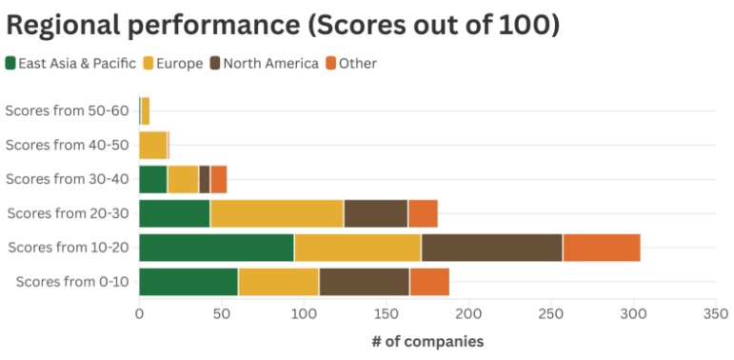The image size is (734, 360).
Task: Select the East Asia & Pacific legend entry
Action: tap(71, 64)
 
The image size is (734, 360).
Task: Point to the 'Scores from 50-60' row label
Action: tap(67, 110)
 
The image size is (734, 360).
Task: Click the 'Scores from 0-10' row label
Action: tap(72, 282)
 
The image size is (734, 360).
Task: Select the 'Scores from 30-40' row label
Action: tap(67, 179)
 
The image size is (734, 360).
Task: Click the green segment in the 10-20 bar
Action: tap(216, 248)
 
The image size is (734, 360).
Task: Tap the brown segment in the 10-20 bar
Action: tap(491, 248)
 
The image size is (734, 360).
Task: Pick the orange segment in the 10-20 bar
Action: tap(602, 248)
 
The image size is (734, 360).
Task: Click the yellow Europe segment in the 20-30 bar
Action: tap(276, 213)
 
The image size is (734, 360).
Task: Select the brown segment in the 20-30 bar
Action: tap(375, 213)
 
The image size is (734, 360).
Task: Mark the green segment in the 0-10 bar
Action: tap(188, 282)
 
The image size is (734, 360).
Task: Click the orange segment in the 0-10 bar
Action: tap(428, 282)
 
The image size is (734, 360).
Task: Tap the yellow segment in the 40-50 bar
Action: tap(152, 145)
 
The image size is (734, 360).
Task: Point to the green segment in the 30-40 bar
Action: tap(153, 179)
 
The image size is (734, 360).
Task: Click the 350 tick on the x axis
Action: tap(715, 311)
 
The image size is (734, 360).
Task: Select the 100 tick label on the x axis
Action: tap(304, 311)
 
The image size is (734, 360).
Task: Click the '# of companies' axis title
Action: tap(427, 341)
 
